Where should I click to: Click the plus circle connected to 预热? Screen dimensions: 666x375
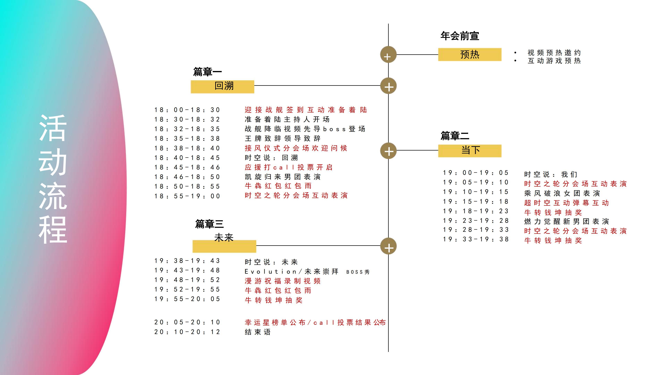[x=388, y=55]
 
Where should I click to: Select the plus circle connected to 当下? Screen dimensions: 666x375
[x=388, y=151]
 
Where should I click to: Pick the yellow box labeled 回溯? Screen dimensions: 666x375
[x=222, y=86]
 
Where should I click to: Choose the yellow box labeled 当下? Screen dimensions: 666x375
[x=469, y=151]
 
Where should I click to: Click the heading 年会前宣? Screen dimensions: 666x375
[x=460, y=36]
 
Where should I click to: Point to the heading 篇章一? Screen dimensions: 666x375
[x=207, y=72]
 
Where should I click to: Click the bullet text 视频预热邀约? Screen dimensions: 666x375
[x=554, y=53]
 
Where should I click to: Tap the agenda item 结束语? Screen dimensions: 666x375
[x=258, y=332]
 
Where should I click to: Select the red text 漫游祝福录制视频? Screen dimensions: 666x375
[x=283, y=281]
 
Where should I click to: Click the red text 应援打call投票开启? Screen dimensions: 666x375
[x=289, y=167]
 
